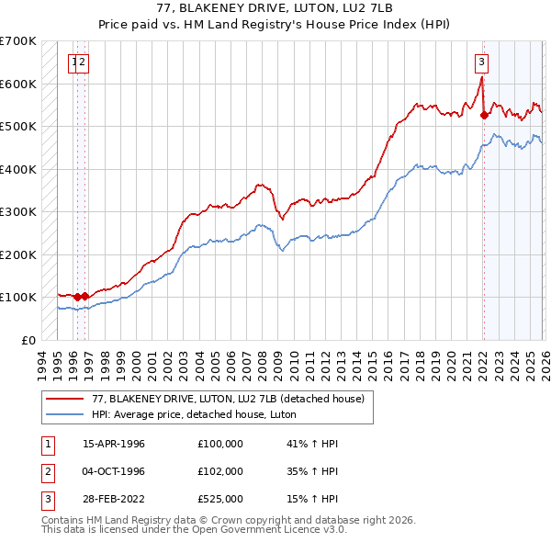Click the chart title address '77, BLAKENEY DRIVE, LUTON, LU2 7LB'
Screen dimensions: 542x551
point(275,10)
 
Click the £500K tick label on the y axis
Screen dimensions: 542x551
point(17,126)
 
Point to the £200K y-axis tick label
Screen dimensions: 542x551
point(17,254)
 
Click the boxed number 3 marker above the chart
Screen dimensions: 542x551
point(481,62)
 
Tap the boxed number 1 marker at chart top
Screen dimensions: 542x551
point(73,62)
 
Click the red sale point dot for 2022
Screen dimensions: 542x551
point(483,115)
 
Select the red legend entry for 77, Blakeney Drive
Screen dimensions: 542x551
point(229,399)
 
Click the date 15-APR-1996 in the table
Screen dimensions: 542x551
point(114,444)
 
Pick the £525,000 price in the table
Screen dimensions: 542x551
point(220,499)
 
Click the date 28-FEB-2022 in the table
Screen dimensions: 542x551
point(114,499)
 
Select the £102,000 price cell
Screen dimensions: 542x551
point(220,471)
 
